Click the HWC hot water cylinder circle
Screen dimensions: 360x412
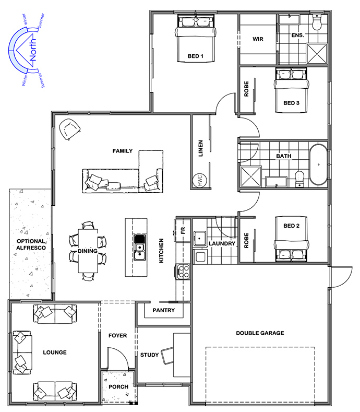pos(199,181)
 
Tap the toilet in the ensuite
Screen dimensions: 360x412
pos(317,22)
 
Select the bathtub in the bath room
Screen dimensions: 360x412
pos(318,164)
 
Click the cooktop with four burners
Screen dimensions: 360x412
pos(183,272)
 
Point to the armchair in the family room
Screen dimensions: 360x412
pos(69,129)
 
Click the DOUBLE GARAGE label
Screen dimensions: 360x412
pos(260,333)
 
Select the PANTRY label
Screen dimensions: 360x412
pos(164,310)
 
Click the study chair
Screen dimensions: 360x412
pos(167,356)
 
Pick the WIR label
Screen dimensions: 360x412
pos(258,39)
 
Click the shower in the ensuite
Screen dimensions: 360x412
pos(317,54)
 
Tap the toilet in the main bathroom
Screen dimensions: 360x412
pos(299,179)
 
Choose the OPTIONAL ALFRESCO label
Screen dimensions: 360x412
pos(31,244)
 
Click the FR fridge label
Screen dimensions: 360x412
pos(183,230)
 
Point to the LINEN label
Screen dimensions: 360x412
pos(201,148)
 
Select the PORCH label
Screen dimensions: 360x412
pos(118,387)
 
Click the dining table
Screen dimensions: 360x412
pos(88,251)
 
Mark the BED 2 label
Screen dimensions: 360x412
pos(291,226)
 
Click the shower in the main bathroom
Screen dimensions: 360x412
pos(251,176)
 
